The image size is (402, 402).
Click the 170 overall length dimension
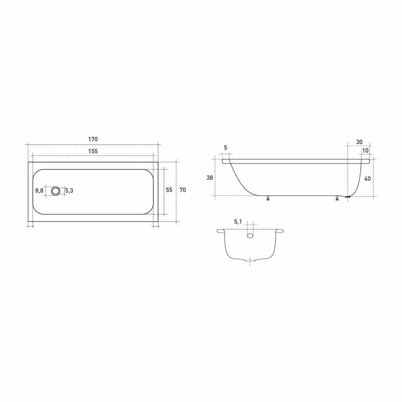tap(93, 139)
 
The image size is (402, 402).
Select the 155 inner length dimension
tap(93, 151)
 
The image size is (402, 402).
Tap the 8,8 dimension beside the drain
tap(39, 191)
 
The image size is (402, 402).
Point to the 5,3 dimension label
tap(69, 191)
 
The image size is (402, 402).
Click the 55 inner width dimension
tap(169, 190)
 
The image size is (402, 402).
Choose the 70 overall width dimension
tap(183, 190)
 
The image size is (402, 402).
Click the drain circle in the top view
tap(55, 191)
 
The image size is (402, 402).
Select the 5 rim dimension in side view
tap(226, 148)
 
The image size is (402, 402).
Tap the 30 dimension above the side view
tap(360, 142)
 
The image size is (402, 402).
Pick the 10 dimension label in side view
tap(366, 151)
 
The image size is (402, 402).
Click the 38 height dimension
tap(210, 178)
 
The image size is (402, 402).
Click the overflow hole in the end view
tap(251, 234)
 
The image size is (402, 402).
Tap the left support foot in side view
tap(268, 198)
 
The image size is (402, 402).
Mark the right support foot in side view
tap(337, 198)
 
